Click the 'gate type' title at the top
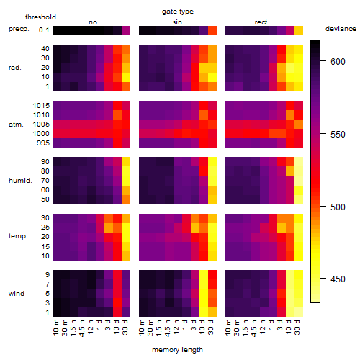click(x=178, y=12)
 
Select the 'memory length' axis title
click(x=178, y=350)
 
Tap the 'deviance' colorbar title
click(x=341, y=29)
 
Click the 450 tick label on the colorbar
click(x=338, y=279)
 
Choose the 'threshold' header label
click(x=40, y=17)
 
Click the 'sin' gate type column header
click(x=177, y=22)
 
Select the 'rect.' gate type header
click(x=262, y=22)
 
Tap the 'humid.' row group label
click(x=20, y=181)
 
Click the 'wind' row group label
click(x=17, y=294)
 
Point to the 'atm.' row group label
click(x=16, y=125)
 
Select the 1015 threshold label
click(x=41, y=106)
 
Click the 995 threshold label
click(x=43, y=143)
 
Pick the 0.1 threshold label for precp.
click(x=44, y=30)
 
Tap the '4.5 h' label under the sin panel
click(x=168, y=328)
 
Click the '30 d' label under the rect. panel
click(x=297, y=327)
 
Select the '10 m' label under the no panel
click(x=55, y=328)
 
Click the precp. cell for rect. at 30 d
click(x=299, y=31)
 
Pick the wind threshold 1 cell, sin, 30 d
click(x=212, y=312)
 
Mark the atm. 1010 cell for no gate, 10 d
click(x=117, y=115)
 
